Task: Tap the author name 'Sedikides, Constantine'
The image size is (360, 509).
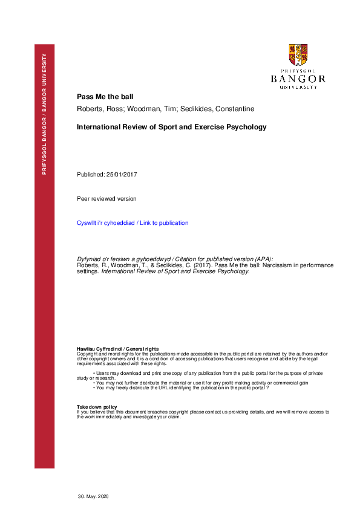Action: tap(194, 109)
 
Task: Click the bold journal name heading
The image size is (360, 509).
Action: tap(171, 128)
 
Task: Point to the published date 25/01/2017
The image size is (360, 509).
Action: tap(123, 175)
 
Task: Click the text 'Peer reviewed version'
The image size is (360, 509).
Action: tap(106, 199)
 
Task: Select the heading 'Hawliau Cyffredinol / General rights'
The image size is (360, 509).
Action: tap(117, 349)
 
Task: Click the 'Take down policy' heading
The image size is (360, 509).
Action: tap(97, 407)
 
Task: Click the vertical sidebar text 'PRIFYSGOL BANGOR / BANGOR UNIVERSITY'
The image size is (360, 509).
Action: tap(44, 114)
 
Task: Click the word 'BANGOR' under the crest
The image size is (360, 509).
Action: tap(298, 79)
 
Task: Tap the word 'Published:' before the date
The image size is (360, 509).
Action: tap(90, 175)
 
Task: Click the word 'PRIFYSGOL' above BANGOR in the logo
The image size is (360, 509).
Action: tap(298, 71)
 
